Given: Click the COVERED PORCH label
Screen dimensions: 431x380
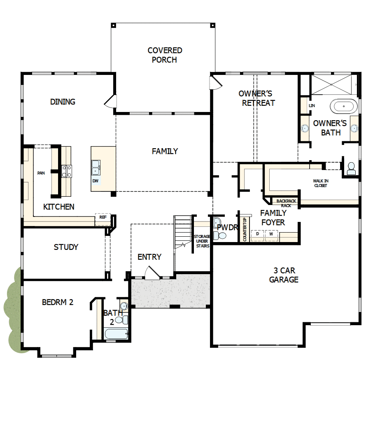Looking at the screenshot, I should tap(165, 55).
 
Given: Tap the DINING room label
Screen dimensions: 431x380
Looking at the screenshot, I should tap(63, 102).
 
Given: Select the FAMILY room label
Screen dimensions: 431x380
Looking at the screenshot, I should tap(165, 151).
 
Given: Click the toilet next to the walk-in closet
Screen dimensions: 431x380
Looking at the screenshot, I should tap(351, 169).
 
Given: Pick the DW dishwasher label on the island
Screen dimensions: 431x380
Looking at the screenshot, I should tap(96, 181).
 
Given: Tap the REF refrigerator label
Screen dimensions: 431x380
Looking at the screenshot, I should tap(103, 217).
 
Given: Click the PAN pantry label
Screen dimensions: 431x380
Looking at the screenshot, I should tap(41, 173).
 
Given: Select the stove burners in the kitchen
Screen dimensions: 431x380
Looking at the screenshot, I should tap(67, 171).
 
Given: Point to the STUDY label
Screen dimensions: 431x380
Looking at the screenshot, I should tap(66, 247).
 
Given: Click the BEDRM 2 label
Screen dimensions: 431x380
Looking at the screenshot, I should tap(58, 302).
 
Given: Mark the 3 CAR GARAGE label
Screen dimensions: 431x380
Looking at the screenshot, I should tap(284, 275).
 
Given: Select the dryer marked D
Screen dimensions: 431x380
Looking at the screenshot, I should tap(258, 234).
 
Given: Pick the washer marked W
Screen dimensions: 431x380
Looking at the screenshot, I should tap(271, 234).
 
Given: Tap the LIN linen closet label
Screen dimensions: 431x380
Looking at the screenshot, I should tap(312, 106).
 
